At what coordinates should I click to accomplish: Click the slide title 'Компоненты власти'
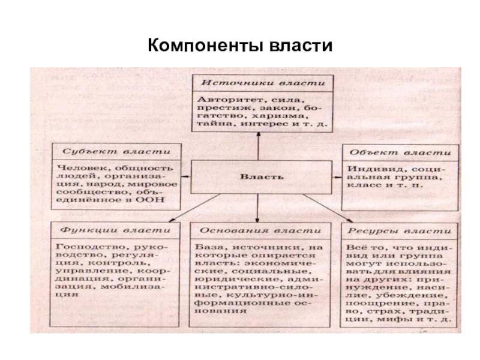(x=239, y=45)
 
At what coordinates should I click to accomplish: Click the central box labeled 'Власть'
(x=258, y=177)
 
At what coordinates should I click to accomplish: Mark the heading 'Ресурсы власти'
(x=398, y=230)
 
